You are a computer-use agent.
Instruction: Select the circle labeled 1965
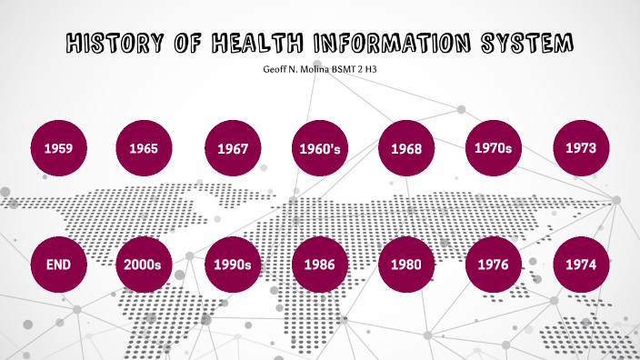point(144,147)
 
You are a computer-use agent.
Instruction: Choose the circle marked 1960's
point(319,147)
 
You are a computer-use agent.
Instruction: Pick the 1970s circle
point(494,145)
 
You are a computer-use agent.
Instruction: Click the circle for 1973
point(582,146)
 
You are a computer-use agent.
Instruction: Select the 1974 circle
point(582,265)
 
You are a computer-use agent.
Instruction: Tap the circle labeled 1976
point(494,265)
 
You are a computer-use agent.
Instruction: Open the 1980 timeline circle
point(405,265)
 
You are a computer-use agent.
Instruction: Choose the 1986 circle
point(319,265)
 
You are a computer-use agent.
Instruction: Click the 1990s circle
point(233,265)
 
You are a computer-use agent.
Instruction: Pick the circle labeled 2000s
point(144,265)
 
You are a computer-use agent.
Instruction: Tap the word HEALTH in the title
point(259,43)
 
